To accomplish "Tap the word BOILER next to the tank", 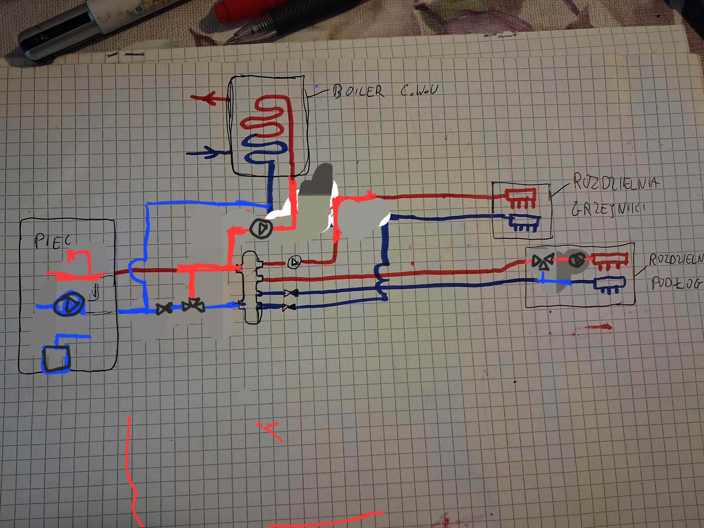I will (358, 91).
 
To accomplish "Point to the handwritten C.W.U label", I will (420, 90).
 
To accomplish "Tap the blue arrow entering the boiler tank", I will (207, 153).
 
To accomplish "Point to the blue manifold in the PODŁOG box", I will (609, 283).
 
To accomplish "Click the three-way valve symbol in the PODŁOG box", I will (542, 262).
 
